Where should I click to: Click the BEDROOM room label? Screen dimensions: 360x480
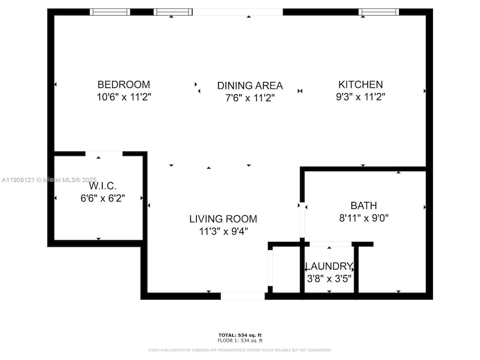pos(124,85)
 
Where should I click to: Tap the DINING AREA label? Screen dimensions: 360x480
pos(250,85)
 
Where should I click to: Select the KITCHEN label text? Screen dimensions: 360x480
pos(361,85)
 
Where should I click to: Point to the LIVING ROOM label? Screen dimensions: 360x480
pos(223,219)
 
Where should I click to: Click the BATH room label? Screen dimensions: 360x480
pos(364,206)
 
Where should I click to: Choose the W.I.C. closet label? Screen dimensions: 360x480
pos(99,187)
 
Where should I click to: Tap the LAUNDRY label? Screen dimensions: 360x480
pos(329,266)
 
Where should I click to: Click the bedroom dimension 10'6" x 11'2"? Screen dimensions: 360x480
pos(124,97)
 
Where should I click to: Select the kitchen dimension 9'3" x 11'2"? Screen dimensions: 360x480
pos(361,97)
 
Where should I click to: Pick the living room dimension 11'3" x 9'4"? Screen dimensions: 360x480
pos(223,231)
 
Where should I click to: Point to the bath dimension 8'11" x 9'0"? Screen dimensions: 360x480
pos(364,218)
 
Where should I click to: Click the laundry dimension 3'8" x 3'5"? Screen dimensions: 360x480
pos(329,278)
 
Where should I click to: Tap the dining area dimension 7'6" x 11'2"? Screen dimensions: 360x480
pos(250,97)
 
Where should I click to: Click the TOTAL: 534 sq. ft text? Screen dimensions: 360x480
pos(240,335)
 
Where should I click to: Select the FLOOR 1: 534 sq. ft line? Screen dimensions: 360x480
pos(240,340)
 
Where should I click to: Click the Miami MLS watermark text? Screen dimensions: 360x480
pos(49,179)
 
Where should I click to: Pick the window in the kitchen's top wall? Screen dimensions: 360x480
pos(379,11)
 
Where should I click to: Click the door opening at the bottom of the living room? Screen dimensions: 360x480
pos(242,296)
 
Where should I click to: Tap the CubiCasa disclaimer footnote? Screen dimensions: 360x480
pos(240,350)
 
